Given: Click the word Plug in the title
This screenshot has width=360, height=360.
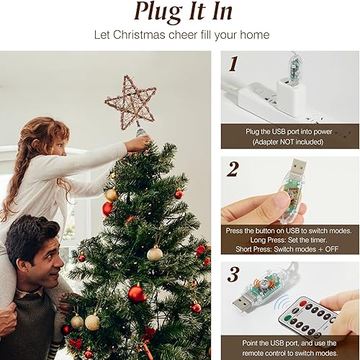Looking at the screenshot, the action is click(x=157, y=12).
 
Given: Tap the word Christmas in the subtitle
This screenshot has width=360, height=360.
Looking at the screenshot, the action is click(x=139, y=35).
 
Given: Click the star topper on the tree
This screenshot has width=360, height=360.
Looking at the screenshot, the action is click(x=131, y=103).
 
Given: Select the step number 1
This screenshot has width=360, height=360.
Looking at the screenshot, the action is click(x=233, y=64).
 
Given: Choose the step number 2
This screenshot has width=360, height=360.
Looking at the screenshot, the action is click(x=233, y=169).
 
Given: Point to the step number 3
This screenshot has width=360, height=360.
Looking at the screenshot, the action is click(x=233, y=274).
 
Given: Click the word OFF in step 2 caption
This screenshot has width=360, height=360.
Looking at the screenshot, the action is click(x=331, y=249).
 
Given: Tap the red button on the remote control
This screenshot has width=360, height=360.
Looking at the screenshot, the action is click(x=304, y=302).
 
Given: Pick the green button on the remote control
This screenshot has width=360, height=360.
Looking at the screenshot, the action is click(x=287, y=319).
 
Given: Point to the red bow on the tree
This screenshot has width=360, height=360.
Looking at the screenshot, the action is click(x=76, y=343).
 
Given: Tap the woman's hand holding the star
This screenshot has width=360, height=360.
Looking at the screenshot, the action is click(x=138, y=143).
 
